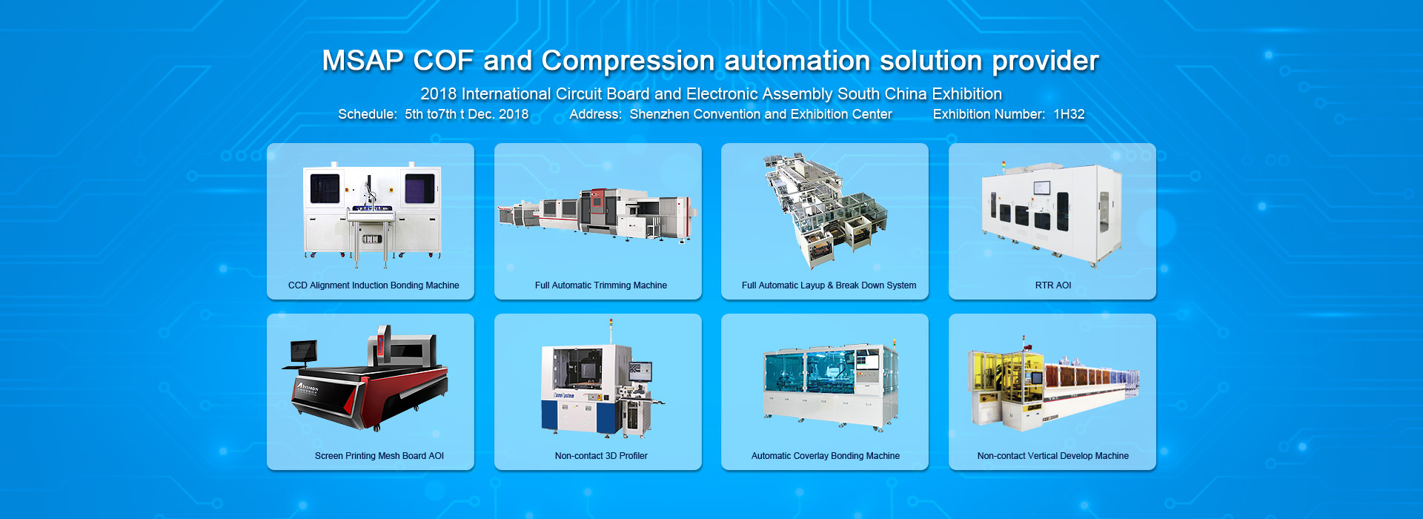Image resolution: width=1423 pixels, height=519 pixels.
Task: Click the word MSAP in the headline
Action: [362, 61]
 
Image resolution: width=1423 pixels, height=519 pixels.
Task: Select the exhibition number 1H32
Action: [1069, 114]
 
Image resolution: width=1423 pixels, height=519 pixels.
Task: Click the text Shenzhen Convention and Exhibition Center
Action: [760, 114]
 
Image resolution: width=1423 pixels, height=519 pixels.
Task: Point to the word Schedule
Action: [367, 114]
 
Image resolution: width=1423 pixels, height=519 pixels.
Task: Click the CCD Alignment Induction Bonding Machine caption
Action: [374, 285]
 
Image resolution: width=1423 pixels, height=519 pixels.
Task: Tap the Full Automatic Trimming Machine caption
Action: [601, 285]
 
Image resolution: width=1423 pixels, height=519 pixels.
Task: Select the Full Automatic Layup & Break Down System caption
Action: [829, 285]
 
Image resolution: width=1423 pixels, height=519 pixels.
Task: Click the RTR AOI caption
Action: [1053, 285]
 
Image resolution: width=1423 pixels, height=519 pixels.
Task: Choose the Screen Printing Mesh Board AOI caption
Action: [379, 456]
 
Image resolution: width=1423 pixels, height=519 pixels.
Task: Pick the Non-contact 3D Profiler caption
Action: [601, 456]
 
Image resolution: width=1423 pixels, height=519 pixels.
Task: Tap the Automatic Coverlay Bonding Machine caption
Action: [826, 456]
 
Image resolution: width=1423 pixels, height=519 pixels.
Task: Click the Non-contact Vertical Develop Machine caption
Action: [1053, 456]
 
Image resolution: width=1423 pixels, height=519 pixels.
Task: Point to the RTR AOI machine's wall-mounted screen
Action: [1042, 188]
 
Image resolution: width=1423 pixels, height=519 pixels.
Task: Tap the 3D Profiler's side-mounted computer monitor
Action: [640, 371]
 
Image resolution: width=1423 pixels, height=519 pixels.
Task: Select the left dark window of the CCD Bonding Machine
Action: [325, 188]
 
